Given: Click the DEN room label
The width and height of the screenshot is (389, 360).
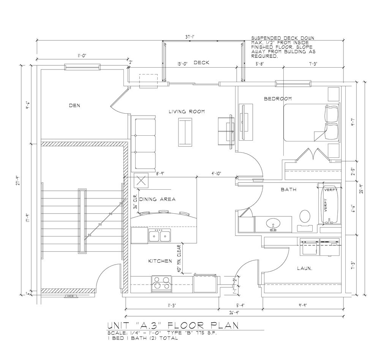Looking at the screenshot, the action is coord(74,105).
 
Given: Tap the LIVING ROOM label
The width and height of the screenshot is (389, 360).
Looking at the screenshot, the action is coord(187,111).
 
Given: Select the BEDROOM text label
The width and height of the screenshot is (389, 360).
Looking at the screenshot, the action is coord(277,99).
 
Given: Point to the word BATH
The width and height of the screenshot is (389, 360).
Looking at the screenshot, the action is coord(288,189).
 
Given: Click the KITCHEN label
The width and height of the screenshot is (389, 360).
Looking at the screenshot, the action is coord(160,261).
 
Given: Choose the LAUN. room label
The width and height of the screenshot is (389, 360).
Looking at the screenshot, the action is coord(304,269).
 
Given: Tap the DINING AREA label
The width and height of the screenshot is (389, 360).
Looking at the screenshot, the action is coord(157,199).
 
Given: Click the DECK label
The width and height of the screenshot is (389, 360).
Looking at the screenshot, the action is coord(201,63).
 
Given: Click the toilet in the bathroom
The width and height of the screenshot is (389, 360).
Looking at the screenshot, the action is coord(305,216).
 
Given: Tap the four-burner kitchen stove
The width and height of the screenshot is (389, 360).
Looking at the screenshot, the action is coord(161,284).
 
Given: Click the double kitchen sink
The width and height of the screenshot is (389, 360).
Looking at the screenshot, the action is coord(160,236).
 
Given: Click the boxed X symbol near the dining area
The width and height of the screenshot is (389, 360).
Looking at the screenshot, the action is coord(142,181).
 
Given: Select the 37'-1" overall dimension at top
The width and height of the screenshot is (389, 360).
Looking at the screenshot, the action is coord(190,37).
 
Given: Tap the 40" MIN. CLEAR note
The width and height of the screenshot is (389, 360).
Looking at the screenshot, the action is coord(179,257).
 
